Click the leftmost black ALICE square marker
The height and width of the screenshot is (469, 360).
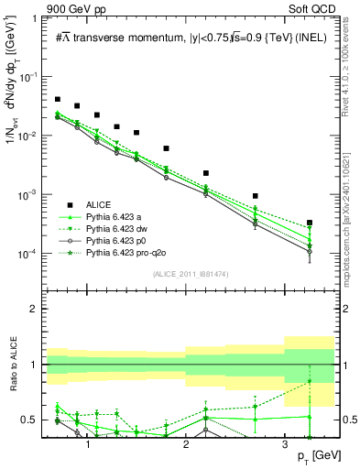58,99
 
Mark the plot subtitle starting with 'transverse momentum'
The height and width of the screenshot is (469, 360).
192,37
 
